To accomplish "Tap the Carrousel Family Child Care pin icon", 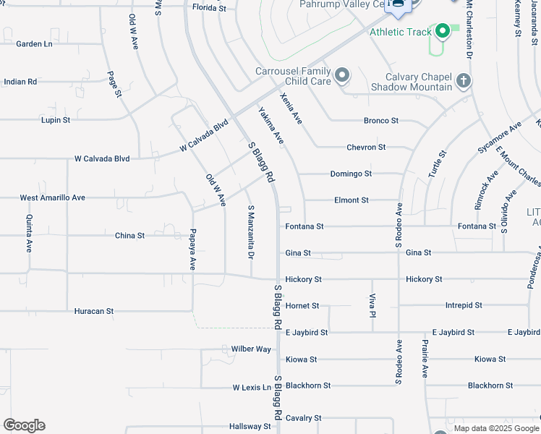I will [x=342, y=75].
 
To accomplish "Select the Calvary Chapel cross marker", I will [x=464, y=81].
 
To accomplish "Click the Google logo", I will [x=24, y=425].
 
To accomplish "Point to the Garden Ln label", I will [x=34, y=44].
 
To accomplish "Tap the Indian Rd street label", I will [x=20, y=82].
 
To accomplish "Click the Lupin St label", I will [x=56, y=120].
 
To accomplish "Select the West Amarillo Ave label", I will [x=52, y=197].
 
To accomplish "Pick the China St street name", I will [x=130, y=236].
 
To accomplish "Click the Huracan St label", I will [x=94, y=311].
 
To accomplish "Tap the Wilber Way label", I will [x=251, y=349].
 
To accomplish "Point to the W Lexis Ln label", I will [x=252, y=388].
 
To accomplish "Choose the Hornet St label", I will [x=302, y=306].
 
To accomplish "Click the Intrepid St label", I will [x=464, y=306].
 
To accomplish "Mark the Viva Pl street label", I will [x=372, y=306].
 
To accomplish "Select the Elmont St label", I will [x=352, y=200].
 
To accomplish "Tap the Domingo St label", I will [x=351, y=174].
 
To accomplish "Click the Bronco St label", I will [x=381, y=121].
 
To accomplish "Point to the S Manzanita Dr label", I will [x=251, y=231].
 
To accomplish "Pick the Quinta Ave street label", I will [x=30, y=233].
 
